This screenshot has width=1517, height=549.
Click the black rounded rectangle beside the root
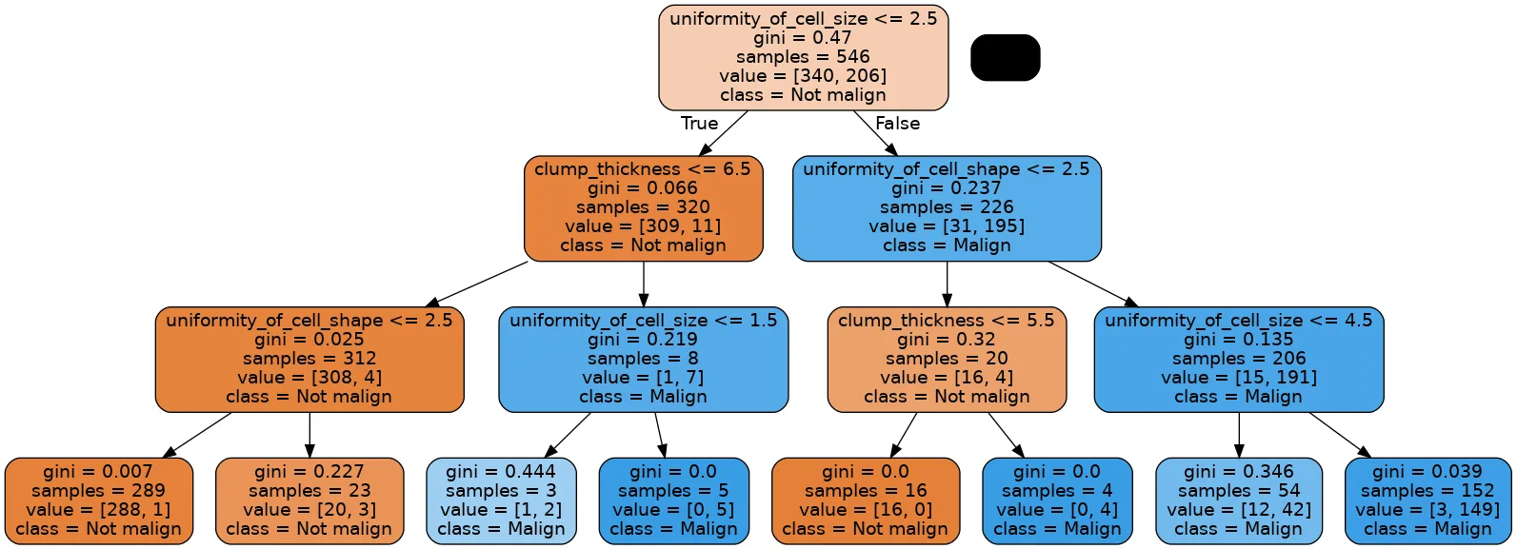pyautogui.click(x=1005, y=58)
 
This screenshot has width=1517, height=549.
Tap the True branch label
pyautogui.click(x=699, y=124)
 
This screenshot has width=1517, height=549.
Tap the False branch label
pyautogui.click(x=897, y=124)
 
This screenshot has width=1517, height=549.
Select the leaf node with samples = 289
pyautogui.click(x=99, y=500)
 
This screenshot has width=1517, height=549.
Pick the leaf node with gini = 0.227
pyautogui.click(x=309, y=500)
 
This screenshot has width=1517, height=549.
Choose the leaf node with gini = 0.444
pyautogui.click(x=501, y=500)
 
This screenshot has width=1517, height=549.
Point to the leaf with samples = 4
pyautogui.click(x=1056, y=500)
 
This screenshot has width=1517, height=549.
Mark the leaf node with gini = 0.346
pyautogui.click(x=1238, y=500)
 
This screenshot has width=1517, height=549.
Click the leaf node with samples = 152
pyautogui.click(x=1427, y=500)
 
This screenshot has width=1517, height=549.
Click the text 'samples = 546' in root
pyautogui.click(x=803, y=57)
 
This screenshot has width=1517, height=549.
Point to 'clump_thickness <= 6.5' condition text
pyautogui.click(x=643, y=169)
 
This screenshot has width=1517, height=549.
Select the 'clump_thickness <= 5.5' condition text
pyautogui.click(x=947, y=321)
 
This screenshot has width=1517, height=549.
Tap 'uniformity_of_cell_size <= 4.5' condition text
pyautogui.click(x=1238, y=321)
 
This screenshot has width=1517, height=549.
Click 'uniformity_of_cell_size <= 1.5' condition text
pyautogui.click(x=643, y=321)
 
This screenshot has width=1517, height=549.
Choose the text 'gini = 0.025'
pyautogui.click(x=309, y=340)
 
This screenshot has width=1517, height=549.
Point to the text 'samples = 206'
pyautogui.click(x=1238, y=359)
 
